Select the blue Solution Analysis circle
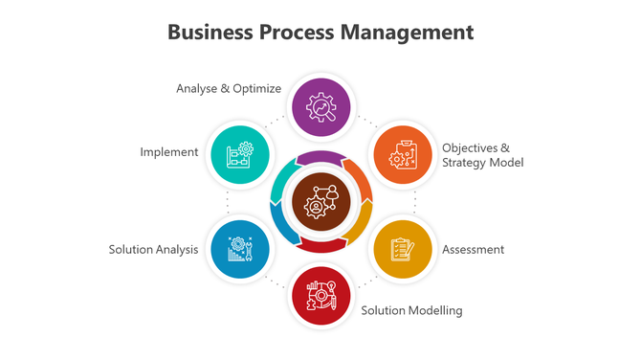click(x=239, y=249)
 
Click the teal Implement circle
click(x=239, y=154)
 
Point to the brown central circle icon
click(x=320, y=201)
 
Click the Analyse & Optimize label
click(x=229, y=89)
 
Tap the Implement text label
click(x=168, y=152)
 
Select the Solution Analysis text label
click(x=153, y=250)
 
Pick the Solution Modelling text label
click(x=411, y=310)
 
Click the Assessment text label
click(x=473, y=250)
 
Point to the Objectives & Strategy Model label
click(x=482, y=155)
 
